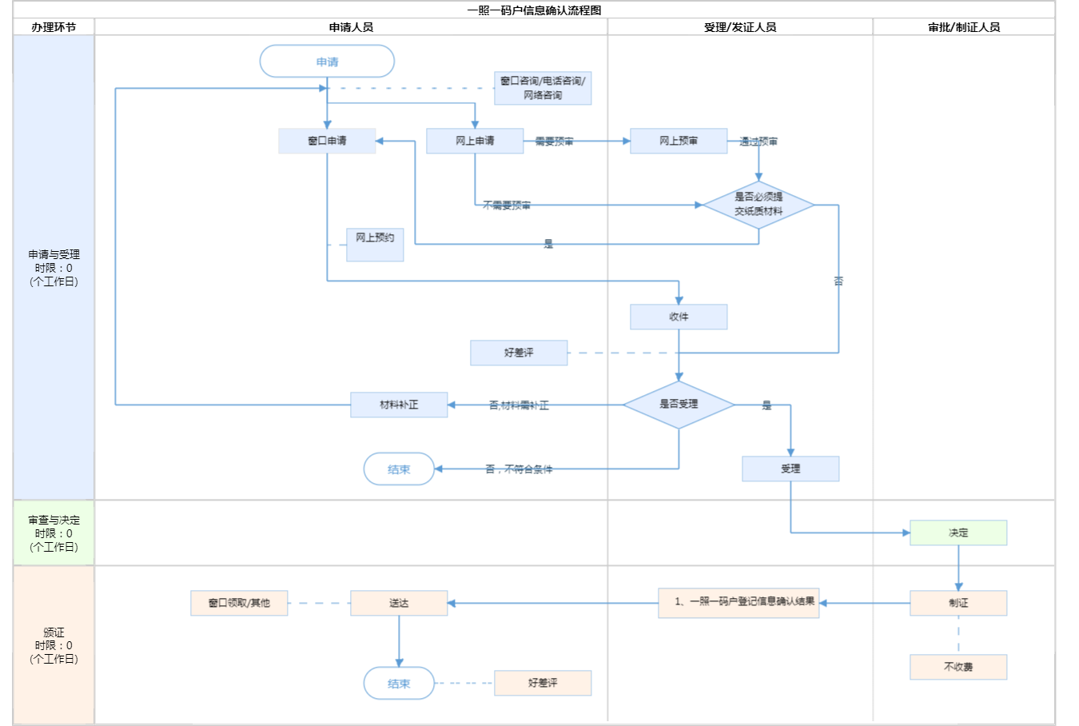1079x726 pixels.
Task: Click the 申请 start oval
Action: click(327, 62)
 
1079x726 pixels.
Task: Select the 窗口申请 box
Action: click(327, 141)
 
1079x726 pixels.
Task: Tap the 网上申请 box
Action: click(475, 141)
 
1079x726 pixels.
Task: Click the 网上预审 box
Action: click(679, 141)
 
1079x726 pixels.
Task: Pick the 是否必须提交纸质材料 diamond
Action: click(758, 205)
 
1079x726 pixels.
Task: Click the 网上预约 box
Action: click(375, 244)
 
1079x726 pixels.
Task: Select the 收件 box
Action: click(679, 317)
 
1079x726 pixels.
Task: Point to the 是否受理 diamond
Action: click(679, 405)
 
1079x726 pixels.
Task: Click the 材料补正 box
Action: click(399, 405)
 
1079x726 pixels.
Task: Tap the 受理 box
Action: click(790, 469)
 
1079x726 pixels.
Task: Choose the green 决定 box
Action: click(958, 533)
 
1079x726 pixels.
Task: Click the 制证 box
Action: click(958, 603)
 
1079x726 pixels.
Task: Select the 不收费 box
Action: click(958, 667)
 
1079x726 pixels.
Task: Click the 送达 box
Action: click(399, 603)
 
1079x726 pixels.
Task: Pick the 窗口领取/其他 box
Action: click(239, 603)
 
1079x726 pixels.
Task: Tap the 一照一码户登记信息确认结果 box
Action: click(739, 603)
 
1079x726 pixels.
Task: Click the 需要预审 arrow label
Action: click(554, 142)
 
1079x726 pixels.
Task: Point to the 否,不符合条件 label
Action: click(519, 469)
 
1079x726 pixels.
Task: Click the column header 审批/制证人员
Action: click(964, 27)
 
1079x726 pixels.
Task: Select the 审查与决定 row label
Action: click(54, 533)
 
